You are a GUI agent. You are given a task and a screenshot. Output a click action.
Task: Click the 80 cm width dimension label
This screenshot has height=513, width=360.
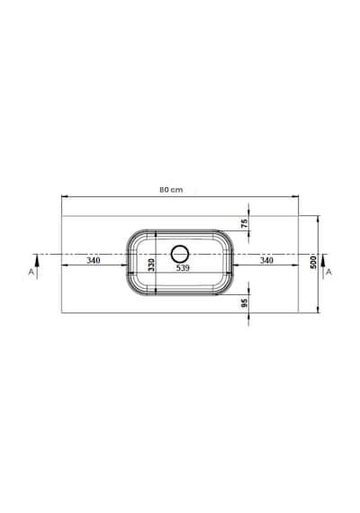pos(171,190)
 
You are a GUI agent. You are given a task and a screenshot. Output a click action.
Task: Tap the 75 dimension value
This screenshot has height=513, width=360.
pos(244,223)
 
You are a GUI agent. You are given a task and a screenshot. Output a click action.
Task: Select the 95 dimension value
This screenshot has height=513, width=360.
pos(244,303)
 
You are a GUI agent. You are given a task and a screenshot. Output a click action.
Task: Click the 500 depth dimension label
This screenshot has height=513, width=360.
pos(313,263)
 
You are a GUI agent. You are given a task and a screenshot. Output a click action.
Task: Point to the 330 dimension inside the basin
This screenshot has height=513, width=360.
pos(151,265)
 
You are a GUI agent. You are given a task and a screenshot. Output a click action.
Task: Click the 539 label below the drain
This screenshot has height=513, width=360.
pos(183,268)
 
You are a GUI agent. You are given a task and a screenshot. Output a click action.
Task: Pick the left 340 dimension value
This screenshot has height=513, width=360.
pos(94,260)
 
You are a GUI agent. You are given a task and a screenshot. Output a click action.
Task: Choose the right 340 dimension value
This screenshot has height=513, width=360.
pos(266,260)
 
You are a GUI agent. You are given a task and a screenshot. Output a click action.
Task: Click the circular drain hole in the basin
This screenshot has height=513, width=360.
pos(180,254)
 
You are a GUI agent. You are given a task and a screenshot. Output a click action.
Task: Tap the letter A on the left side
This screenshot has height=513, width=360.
pos(31,272)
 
